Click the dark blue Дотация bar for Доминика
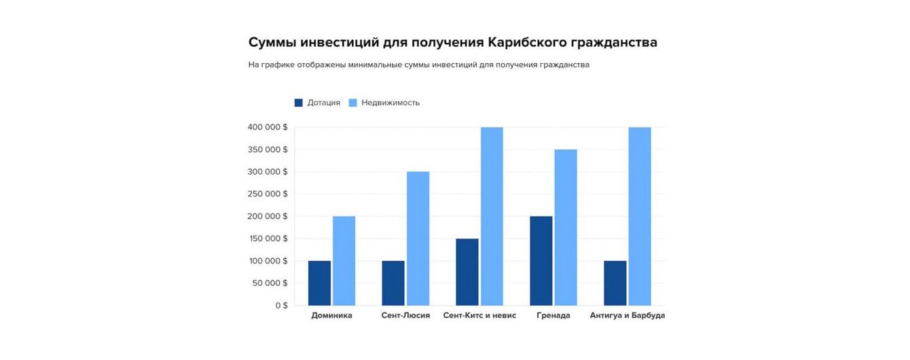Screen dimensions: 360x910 tap(319, 283)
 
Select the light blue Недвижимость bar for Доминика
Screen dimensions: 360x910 tap(344, 261)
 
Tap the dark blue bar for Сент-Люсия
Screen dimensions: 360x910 tap(393, 283)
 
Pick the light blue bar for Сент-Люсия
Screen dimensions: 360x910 tap(418, 238)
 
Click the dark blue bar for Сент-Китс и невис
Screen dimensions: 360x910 tap(467, 272)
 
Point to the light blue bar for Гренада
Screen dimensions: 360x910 tap(566, 228)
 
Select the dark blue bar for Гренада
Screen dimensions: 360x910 tap(541, 261)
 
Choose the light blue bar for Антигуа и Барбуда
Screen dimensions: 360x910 tap(640, 216)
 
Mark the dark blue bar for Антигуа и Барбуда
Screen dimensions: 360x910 tap(615, 283)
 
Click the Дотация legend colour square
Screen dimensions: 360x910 tap(298, 103)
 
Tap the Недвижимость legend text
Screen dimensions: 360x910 tap(390, 103)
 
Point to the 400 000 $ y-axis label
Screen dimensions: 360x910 tap(267, 127)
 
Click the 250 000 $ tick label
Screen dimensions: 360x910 tap(267, 194)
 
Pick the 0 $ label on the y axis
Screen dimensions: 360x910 tap(281, 306)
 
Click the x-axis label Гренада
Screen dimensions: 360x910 tap(553, 316)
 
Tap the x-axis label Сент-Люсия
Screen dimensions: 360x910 tap(405, 316)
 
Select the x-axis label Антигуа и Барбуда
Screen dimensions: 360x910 tap(627, 316)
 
